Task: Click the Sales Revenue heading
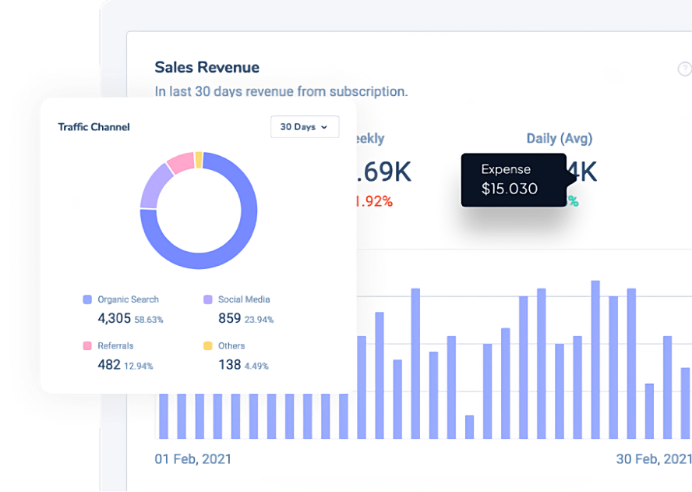coord(207,68)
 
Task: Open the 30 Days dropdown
coord(304,127)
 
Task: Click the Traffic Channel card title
coord(94,127)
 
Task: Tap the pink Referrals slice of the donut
coord(180,162)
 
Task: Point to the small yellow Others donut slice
coord(199,160)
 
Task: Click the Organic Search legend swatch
coord(87,299)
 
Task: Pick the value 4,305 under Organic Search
coord(114,319)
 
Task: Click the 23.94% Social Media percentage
coord(259,320)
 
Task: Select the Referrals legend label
coord(115,345)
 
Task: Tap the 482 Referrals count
coord(109,365)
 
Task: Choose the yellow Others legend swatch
coord(207,345)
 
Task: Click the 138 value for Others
coord(229,365)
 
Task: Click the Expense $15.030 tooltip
coord(513,179)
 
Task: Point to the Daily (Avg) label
coord(559,139)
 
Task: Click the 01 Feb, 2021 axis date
coord(192,459)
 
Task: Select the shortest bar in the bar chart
coord(469,427)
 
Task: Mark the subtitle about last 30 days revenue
coord(281,91)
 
